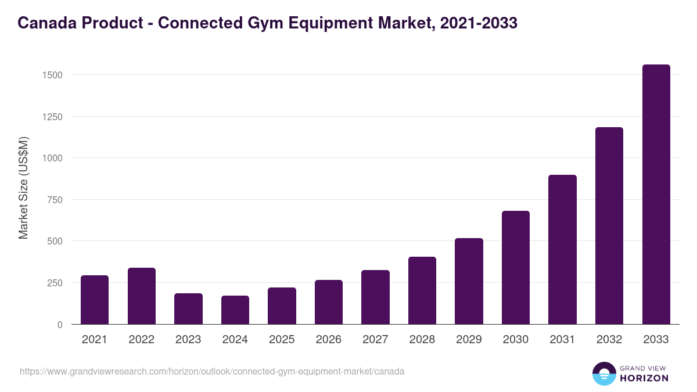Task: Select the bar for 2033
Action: [656, 195]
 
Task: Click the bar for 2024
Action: [235, 310]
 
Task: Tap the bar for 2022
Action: [142, 296]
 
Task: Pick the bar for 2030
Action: [516, 268]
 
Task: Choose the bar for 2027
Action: [375, 297]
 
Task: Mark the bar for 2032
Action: [609, 226]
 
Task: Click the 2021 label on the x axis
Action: [95, 340]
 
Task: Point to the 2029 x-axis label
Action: [469, 340]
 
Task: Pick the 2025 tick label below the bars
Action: [282, 340]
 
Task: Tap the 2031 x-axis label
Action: [562, 340]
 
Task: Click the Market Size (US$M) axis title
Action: [23, 188]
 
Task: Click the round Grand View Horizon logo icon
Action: [604, 373]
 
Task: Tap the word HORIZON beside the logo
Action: [644, 378]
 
